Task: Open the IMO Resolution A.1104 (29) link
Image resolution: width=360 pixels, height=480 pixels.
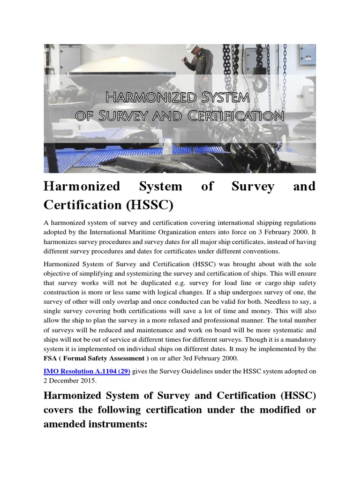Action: point(87,371)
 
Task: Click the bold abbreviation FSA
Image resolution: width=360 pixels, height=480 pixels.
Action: point(50,359)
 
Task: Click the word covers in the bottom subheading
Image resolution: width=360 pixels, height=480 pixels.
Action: point(60,410)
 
